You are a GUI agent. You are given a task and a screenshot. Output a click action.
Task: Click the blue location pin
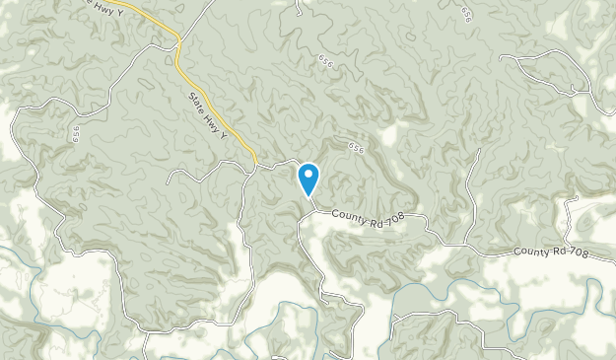308,180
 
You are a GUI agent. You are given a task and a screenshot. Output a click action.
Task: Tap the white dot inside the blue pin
308,176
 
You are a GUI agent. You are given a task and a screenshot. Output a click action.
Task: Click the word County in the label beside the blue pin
347,214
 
